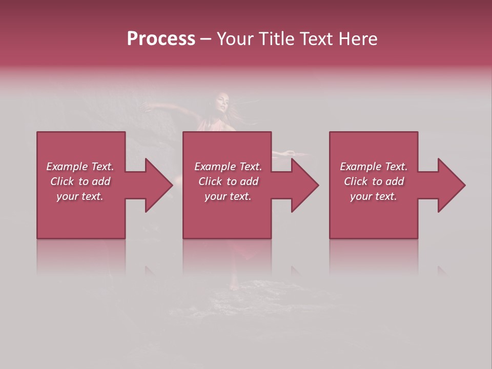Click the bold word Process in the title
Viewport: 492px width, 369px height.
tap(161, 39)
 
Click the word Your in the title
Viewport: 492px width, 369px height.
tap(236, 39)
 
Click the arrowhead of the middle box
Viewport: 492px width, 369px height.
tap(304, 185)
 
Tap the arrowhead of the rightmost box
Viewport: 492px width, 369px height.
tap(450, 185)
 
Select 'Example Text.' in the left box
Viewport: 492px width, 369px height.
tap(80, 167)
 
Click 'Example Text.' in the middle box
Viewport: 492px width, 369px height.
tap(228, 167)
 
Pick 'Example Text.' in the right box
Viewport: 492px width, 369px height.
tap(374, 167)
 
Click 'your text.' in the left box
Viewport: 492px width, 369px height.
tap(80, 196)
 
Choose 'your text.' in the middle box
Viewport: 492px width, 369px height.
tap(228, 196)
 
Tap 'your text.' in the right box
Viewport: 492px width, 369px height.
tap(374, 196)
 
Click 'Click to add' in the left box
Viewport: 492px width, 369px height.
tap(80, 181)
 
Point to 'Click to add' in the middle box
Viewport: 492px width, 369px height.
tap(228, 181)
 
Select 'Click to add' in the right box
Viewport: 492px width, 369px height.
tap(374, 181)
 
